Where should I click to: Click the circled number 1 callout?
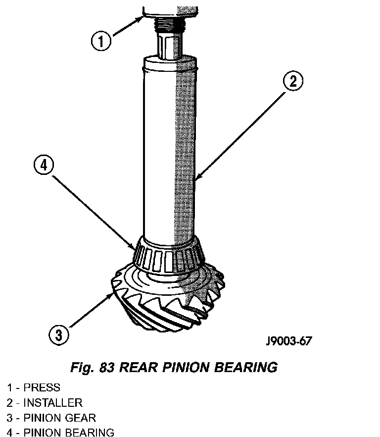[101, 41]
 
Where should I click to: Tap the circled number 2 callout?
[293, 81]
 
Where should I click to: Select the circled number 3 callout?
[59, 335]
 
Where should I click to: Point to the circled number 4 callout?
[44, 165]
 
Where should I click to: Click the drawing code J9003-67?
[288, 340]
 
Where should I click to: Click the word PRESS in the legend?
[42, 387]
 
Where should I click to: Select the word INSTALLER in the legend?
[53, 403]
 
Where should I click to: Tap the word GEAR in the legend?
[81, 418]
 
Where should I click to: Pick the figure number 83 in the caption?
[106, 367]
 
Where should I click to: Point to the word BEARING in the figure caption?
[246, 367]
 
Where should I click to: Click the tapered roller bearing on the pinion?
[169, 255]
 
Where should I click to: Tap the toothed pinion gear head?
[168, 298]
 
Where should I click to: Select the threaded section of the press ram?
[170, 23]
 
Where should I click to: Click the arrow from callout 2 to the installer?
[241, 136]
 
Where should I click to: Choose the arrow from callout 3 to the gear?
[92, 310]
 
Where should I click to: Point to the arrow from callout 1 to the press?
[128, 26]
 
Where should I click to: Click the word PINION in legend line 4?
[42, 433]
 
